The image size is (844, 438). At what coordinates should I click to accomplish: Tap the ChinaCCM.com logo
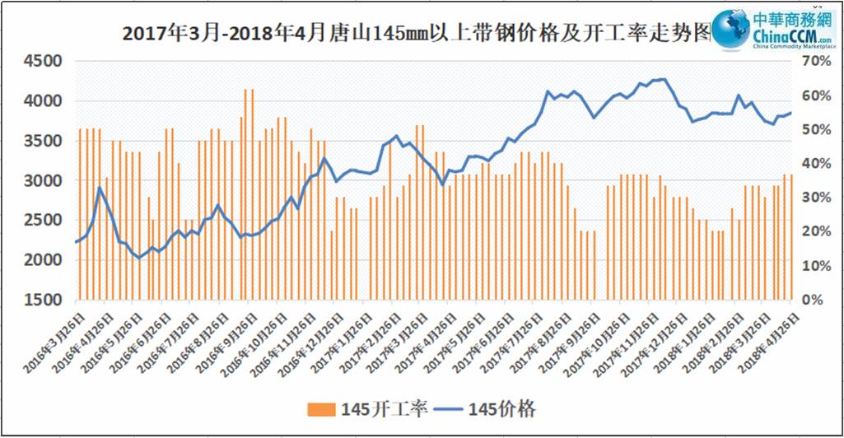click(x=769, y=32)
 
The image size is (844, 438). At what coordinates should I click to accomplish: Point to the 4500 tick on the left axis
click(x=42, y=62)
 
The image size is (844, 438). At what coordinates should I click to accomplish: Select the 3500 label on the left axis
click(x=42, y=141)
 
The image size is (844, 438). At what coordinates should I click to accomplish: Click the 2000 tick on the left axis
click(x=42, y=260)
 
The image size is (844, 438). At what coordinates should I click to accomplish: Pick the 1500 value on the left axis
click(x=42, y=300)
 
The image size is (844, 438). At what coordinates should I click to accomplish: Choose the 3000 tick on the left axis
click(x=42, y=180)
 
